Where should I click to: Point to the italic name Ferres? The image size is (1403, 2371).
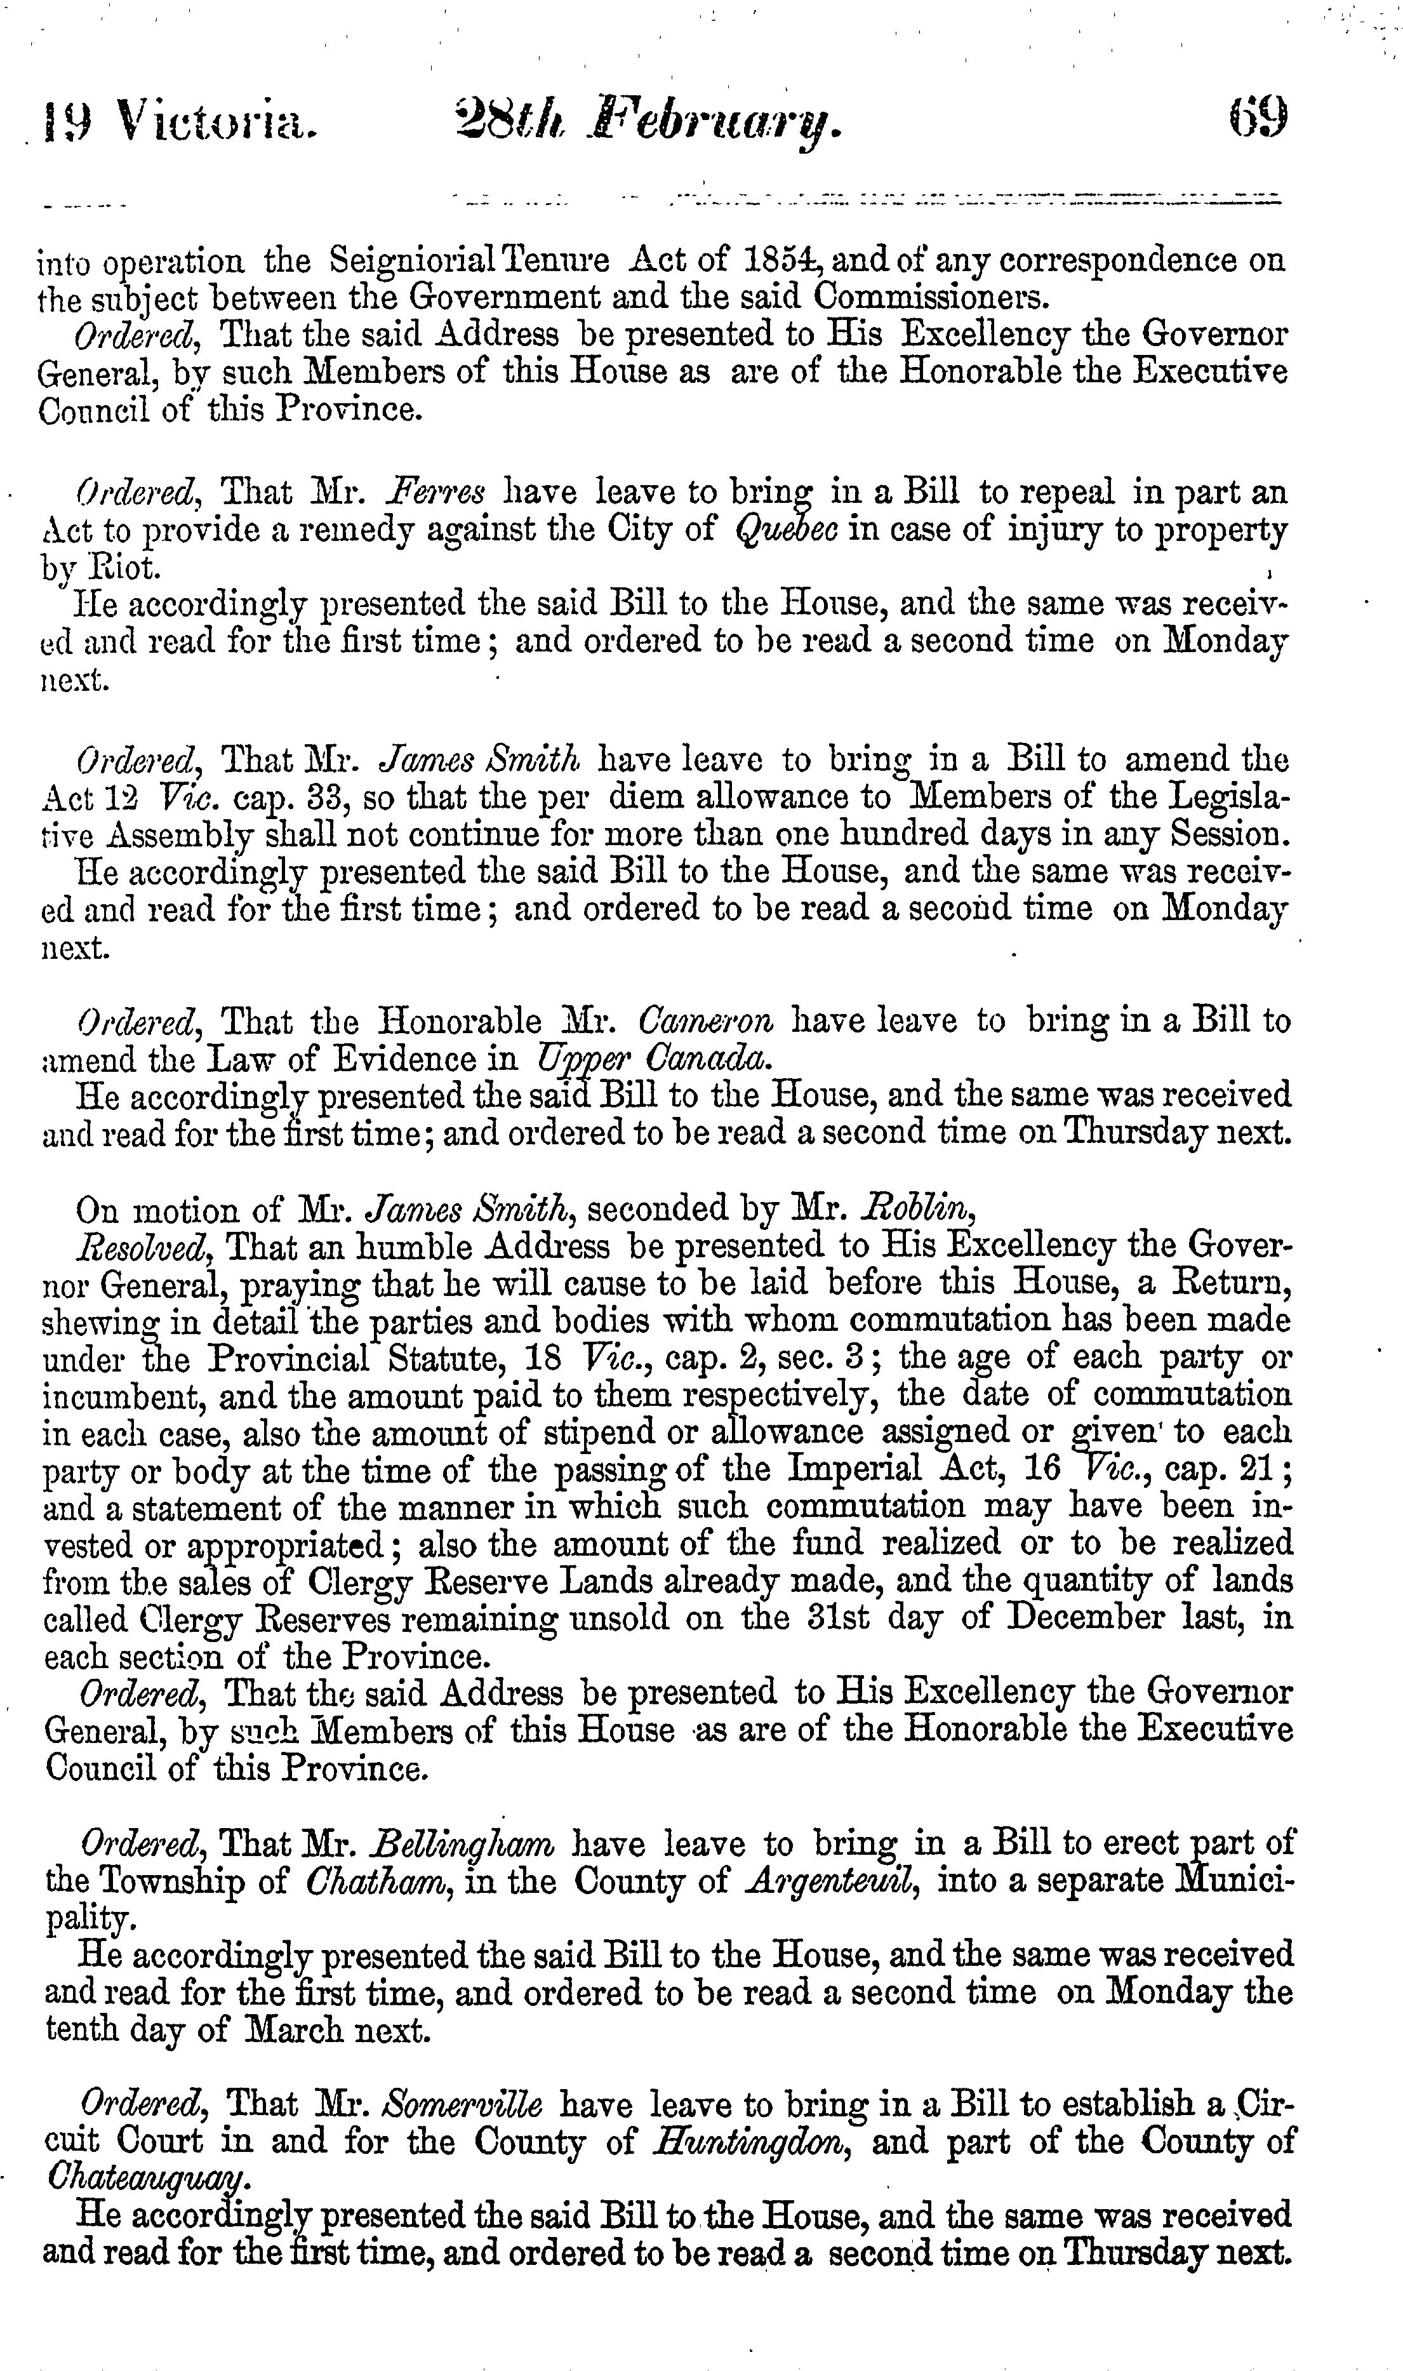coord(437,493)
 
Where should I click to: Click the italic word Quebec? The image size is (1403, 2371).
coord(788,530)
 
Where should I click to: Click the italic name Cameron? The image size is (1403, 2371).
coord(706,1022)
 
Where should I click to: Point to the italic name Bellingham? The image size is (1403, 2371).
coord(464,1843)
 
